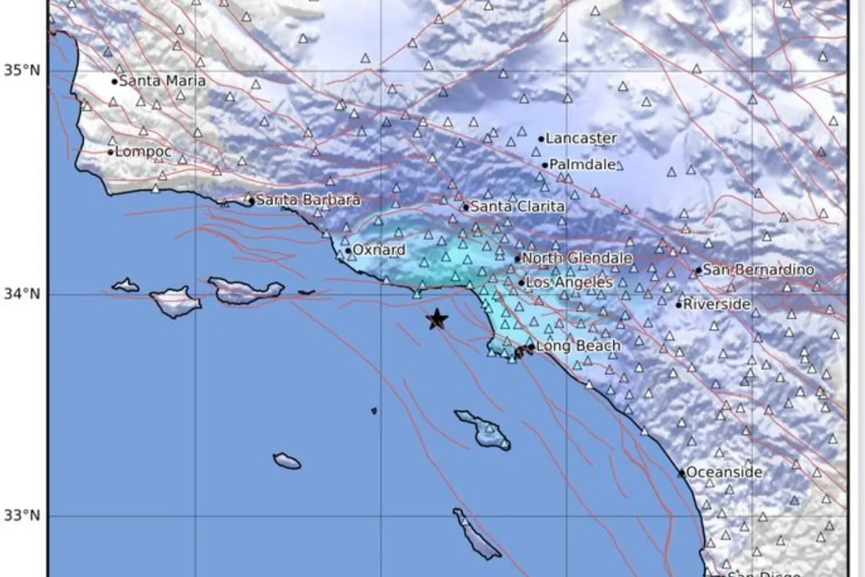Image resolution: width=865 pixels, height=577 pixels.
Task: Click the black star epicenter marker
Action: [437, 319]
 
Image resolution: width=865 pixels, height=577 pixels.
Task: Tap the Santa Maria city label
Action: [161, 82]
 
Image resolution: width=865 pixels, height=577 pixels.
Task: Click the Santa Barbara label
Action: [308, 201]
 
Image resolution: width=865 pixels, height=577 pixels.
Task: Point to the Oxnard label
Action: [378, 250]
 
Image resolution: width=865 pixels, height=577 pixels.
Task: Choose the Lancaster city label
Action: [581, 138]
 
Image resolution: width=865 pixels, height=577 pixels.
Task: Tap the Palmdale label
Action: [582, 164]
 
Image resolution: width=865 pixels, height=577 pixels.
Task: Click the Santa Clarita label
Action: [517, 207]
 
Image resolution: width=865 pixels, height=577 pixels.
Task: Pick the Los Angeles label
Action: [569, 282]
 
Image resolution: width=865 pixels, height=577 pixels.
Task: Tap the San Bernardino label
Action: [758, 270]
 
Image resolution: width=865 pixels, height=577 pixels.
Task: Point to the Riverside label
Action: [717, 304]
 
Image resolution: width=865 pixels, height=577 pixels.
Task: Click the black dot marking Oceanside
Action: [681, 473]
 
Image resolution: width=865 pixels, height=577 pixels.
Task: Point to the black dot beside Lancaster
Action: [541, 138]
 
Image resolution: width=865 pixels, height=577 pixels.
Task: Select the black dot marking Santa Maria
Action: [115, 82]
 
